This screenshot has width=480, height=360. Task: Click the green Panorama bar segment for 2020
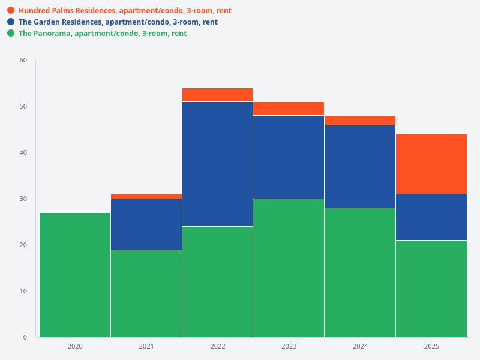(x=75, y=275)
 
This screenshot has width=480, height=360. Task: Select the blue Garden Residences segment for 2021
(x=146, y=224)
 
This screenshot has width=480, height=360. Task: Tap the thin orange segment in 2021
(x=146, y=196)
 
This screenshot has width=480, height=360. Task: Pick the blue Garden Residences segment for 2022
(x=217, y=164)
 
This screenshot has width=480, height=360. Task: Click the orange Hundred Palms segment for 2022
(x=217, y=95)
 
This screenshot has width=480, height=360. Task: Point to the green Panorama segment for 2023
(x=289, y=268)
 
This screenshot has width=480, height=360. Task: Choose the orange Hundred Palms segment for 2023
(x=289, y=109)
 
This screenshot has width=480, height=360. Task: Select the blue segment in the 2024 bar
(x=360, y=166)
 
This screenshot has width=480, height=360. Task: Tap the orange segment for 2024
(x=360, y=120)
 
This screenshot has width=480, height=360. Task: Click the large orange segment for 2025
(x=431, y=164)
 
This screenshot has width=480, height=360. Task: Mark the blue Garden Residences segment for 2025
(x=431, y=217)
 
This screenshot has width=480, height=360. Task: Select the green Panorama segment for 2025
(x=431, y=289)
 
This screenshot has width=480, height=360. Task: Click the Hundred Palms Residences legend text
(x=125, y=11)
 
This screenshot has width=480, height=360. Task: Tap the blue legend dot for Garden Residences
(x=11, y=22)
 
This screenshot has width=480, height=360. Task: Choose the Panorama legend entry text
(x=103, y=34)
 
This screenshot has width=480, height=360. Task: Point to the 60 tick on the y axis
(x=23, y=60)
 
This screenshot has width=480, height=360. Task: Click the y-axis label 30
(x=23, y=199)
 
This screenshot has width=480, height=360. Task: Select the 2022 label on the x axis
(x=217, y=346)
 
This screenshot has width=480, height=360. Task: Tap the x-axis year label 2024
(x=360, y=346)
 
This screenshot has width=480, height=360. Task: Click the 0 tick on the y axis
(x=25, y=337)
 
